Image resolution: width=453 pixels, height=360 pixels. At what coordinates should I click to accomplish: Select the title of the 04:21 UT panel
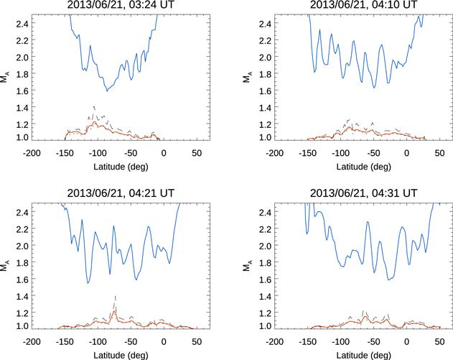[x=114, y=193]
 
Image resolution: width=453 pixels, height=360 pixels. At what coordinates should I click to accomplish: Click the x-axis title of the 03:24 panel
[x=114, y=166]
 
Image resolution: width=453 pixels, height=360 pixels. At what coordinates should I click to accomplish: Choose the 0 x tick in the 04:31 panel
[x=407, y=341]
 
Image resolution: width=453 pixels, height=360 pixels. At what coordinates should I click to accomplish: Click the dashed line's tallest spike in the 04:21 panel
[x=115, y=295]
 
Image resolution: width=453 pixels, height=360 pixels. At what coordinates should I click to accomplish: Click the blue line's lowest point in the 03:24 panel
[x=106, y=91]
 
